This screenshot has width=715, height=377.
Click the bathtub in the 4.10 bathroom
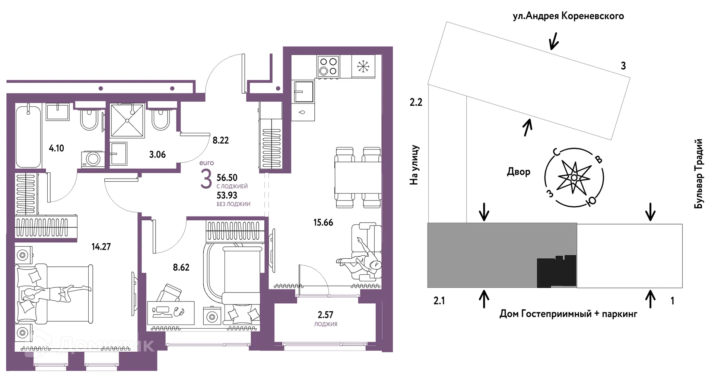(x=28, y=136)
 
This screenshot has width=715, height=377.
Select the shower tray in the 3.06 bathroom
(x=127, y=121)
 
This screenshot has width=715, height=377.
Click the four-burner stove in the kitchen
(x=328, y=66)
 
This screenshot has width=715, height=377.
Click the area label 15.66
(x=323, y=223)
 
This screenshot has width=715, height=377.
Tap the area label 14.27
(x=101, y=246)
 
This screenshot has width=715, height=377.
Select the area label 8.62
(x=181, y=267)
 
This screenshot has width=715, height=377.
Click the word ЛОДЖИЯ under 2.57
(x=325, y=324)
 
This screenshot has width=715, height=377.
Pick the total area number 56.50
(x=227, y=178)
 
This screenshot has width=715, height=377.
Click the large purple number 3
(x=206, y=179)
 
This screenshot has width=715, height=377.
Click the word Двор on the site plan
(x=518, y=172)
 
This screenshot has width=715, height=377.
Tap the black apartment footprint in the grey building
(x=556, y=271)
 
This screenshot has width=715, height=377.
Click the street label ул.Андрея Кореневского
(x=568, y=16)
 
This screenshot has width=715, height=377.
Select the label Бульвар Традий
(x=699, y=173)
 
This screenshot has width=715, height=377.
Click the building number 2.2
(x=416, y=102)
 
